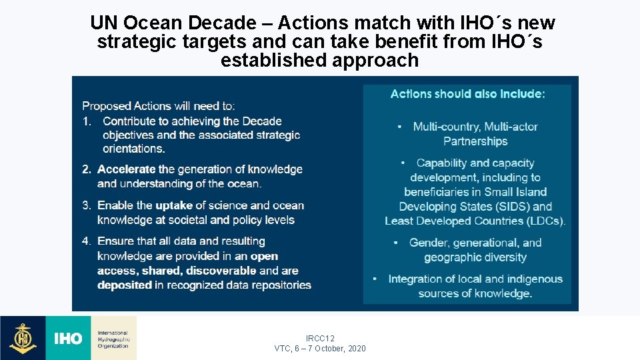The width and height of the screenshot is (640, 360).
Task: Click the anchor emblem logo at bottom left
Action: click(x=23, y=338)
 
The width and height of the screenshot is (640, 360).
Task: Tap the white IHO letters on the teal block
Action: click(x=68, y=339)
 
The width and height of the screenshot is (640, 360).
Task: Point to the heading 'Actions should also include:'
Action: click(x=467, y=94)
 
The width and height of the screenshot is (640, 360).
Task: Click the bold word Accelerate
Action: click(x=126, y=169)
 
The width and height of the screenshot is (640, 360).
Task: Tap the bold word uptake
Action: click(x=175, y=205)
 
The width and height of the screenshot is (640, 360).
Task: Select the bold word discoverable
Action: click(x=221, y=271)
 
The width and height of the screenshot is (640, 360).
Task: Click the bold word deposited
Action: click(x=125, y=285)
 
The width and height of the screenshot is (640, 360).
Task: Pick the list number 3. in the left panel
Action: click(x=87, y=205)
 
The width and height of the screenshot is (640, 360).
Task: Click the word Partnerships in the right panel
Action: click(x=475, y=141)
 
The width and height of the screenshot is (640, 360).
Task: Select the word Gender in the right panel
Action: click(x=428, y=243)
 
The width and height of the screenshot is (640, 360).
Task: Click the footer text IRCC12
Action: click(x=320, y=339)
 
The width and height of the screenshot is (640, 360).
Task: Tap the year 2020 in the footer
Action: click(x=355, y=349)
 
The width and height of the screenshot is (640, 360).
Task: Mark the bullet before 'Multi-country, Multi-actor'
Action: click(x=399, y=127)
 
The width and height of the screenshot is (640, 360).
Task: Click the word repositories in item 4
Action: click(x=279, y=285)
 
